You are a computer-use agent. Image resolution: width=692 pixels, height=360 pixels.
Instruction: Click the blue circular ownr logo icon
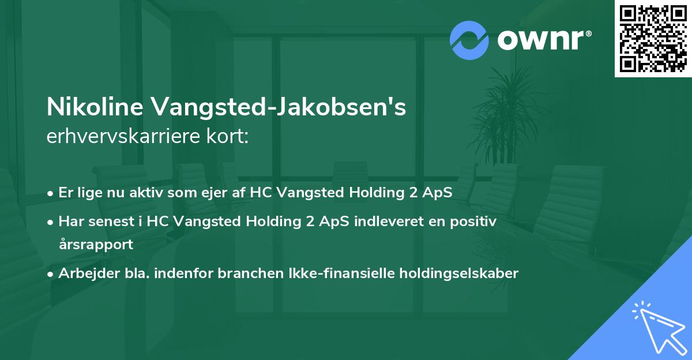[469, 40]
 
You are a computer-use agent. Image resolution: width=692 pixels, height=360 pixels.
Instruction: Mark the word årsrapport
[96, 244]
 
